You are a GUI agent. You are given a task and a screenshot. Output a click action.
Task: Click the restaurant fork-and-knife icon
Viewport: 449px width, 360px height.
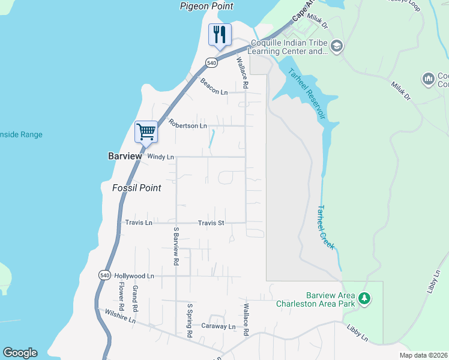[x=219, y=34]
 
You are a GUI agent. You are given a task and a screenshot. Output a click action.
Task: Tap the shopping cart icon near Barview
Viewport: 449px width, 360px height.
[x=146, y=131]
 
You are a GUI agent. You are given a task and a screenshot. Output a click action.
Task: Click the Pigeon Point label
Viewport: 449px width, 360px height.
[x=206, y=6]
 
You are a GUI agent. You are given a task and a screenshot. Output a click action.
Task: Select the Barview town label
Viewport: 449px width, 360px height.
[x=125, y=156]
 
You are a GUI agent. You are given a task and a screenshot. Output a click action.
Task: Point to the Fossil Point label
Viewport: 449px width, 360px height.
[x=137, y=188]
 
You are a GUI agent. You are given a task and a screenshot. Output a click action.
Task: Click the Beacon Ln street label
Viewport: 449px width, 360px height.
[x=214, y=87]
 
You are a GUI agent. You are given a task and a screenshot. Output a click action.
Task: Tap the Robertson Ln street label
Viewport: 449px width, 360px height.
[x=187, y=124]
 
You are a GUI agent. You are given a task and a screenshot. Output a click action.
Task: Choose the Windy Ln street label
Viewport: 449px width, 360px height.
[x=160, y=157]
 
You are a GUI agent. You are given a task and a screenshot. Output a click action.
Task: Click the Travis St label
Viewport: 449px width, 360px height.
[x=211, y=223]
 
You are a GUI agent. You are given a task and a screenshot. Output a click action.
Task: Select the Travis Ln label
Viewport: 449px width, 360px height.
[x=139, y=223]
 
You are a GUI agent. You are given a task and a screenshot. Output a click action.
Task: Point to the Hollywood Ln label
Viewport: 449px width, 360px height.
[x=134, y=276]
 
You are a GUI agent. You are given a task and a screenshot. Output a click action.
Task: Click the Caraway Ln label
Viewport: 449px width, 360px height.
[x=218, y=326]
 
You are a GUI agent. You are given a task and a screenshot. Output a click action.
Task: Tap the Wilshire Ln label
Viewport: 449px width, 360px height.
[x=120, y=316]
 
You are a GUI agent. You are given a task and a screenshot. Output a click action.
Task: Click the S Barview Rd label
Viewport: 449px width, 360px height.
[x=176, y=246]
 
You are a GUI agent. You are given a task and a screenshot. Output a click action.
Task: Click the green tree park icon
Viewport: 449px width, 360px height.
[x=364, y=298]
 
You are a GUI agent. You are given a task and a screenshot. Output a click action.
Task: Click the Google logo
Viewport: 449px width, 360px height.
[x=20, y=353]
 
